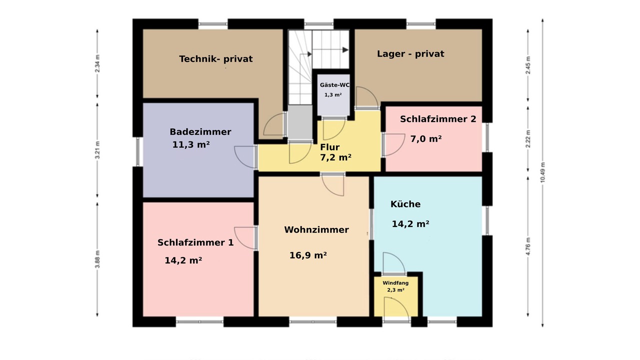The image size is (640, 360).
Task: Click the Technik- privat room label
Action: pos(215,59)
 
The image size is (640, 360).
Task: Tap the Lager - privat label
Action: pos(410,53)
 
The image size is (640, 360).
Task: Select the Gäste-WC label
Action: pos(334,85)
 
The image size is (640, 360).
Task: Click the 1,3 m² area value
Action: pos(333,95)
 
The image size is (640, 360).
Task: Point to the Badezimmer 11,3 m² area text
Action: pos(191,144)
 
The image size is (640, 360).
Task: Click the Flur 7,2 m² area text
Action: pos(335,157)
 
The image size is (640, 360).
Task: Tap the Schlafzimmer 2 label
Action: pos(438,119)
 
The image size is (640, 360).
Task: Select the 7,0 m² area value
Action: pos(426,139)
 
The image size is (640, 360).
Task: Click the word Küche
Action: pos(405,204)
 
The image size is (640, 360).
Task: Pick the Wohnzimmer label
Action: pos(316,229)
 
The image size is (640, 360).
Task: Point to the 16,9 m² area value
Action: pos(308,255)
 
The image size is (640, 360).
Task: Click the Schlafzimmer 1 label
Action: pos(195,242)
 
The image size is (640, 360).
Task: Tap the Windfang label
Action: pos(395,283)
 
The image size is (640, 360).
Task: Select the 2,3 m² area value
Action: pos(395,290)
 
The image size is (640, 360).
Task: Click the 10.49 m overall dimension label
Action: pos(542,172)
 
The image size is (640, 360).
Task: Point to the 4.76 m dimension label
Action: pos(528,246)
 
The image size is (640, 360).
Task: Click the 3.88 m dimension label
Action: pos(97,259)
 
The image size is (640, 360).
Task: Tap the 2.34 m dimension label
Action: pos(97,63)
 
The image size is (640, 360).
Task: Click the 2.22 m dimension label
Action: pos(528,139)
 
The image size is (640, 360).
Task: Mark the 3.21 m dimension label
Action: pos(97,150)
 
